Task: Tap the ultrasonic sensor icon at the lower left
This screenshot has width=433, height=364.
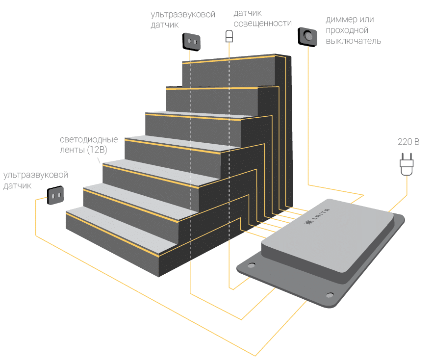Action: [55, 196]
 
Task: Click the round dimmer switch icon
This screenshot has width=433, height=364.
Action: [307, 36]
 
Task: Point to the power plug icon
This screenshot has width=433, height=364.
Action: [407, 163]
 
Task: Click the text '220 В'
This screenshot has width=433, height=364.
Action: [408, 143]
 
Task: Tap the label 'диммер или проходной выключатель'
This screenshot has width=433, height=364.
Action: [353, 30]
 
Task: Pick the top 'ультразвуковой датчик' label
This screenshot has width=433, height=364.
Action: [183, 20]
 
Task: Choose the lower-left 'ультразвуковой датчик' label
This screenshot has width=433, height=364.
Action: [35, 180]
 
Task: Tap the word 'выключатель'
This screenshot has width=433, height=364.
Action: [353, 41]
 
